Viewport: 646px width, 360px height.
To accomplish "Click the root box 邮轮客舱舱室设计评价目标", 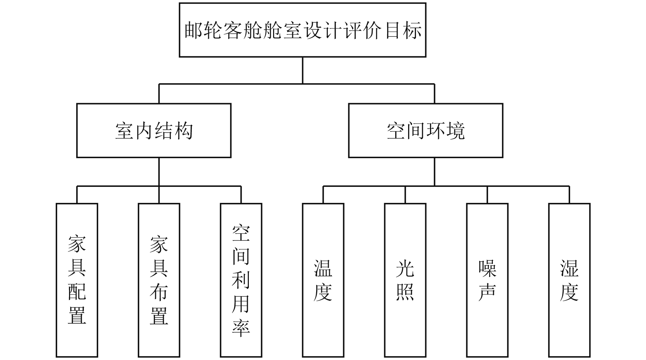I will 302,30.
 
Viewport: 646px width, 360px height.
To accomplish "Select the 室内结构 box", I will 154,130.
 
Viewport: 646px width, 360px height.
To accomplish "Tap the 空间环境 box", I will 426,130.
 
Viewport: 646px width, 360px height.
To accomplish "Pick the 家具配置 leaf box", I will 77,280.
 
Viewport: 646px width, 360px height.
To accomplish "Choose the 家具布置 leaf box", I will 159,280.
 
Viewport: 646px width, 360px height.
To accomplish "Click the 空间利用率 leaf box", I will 241,280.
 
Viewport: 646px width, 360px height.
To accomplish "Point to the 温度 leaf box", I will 323,280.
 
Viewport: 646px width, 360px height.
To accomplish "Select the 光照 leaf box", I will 405,280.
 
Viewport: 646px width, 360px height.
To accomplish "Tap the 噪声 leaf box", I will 487,280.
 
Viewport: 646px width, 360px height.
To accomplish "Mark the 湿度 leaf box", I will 569,280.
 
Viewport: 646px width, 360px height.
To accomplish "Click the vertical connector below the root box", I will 302,70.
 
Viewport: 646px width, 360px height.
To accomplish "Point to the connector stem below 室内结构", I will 159,171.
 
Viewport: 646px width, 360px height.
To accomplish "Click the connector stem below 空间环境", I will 434,171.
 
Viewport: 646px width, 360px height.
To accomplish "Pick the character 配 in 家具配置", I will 77,291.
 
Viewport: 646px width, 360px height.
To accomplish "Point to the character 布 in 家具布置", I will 159,291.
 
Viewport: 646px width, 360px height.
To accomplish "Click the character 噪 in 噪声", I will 487,268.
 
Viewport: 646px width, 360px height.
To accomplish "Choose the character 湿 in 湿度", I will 569,268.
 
